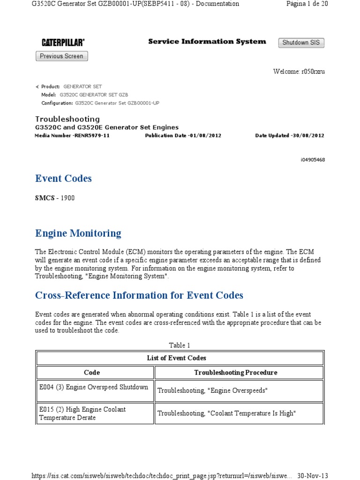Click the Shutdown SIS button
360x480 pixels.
(301, 43)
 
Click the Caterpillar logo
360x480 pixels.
(63, 43)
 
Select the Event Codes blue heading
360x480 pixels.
(63, 179)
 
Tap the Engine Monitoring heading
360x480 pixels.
(78, 233)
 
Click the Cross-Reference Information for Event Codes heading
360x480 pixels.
(139, 295)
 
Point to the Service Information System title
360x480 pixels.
(207, 41)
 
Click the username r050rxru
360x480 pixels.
(313, 72)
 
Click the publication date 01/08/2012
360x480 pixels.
(205, 135)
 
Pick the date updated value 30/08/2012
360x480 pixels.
(308, 135)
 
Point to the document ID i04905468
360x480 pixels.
(313, 160)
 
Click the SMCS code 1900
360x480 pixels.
(67, 198)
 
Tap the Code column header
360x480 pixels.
(92, 373)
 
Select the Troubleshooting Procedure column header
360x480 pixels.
(236, 373)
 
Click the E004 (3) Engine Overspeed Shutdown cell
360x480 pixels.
(94, 387)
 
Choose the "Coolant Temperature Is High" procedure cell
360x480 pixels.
(227, 413)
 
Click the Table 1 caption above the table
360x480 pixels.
(180, 345)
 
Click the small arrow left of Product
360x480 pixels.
(37, 87)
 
